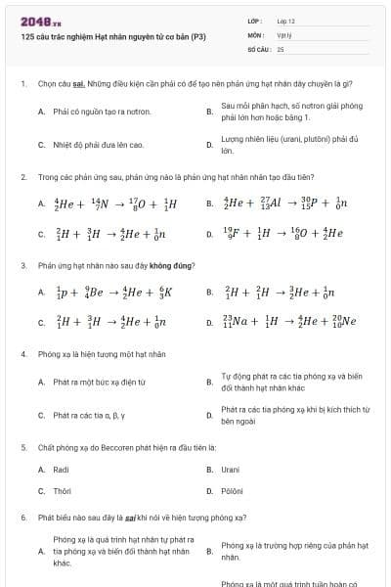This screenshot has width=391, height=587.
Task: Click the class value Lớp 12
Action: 285,21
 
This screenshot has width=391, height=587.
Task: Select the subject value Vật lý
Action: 282,34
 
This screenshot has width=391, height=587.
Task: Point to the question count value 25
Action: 281,48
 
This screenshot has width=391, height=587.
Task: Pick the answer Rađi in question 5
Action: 61,470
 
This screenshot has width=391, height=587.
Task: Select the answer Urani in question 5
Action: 231,470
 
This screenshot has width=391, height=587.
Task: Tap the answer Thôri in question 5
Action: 62,491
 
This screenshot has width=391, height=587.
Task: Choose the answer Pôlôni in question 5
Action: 233,491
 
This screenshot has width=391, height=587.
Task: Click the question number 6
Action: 23,517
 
